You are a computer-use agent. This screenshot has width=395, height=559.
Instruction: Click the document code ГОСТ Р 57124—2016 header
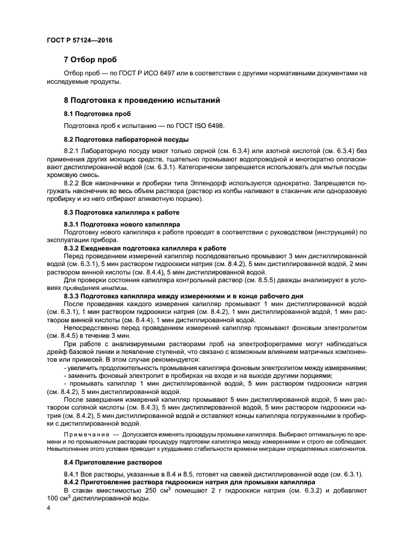click(79, 40)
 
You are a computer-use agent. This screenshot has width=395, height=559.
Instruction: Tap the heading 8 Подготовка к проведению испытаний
click(142, 101)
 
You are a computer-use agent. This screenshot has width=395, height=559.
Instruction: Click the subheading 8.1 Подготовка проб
click(97, 114)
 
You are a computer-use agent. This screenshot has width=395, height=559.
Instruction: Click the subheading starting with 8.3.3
click(183, 295)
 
